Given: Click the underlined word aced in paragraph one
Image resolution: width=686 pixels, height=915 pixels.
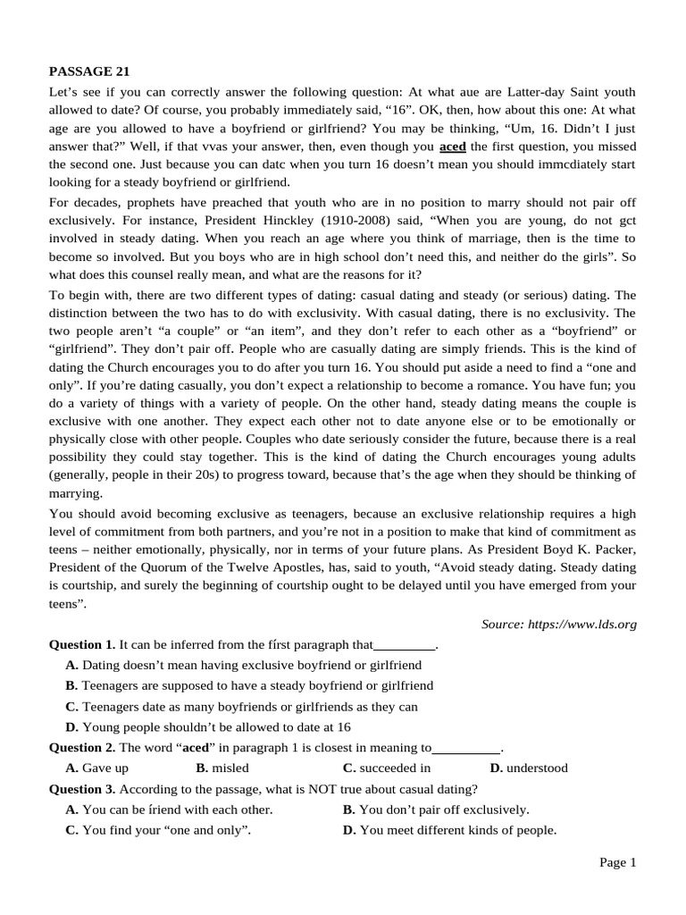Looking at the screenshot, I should [x=453, y=147].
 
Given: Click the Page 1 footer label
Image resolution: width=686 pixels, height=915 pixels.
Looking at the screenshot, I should [x=617, y=862].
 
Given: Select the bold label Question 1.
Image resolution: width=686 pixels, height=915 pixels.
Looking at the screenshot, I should [x=82, y=644].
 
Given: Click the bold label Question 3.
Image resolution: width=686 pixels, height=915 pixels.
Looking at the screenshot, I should [x=82, y=789].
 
